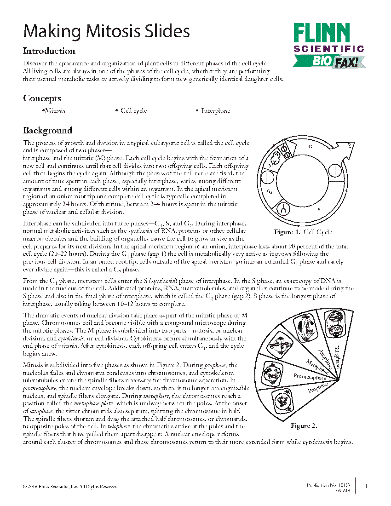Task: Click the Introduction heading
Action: pos(49,51)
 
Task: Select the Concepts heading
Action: pos(42,98)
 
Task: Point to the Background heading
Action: pos(47,131)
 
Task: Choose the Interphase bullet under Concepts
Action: pos(215,111)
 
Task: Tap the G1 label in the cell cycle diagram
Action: pos(311,147)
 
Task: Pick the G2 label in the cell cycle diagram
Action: pos(270,190)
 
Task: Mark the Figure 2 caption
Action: pos(304,426)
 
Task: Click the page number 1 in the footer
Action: pos(366,486)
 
